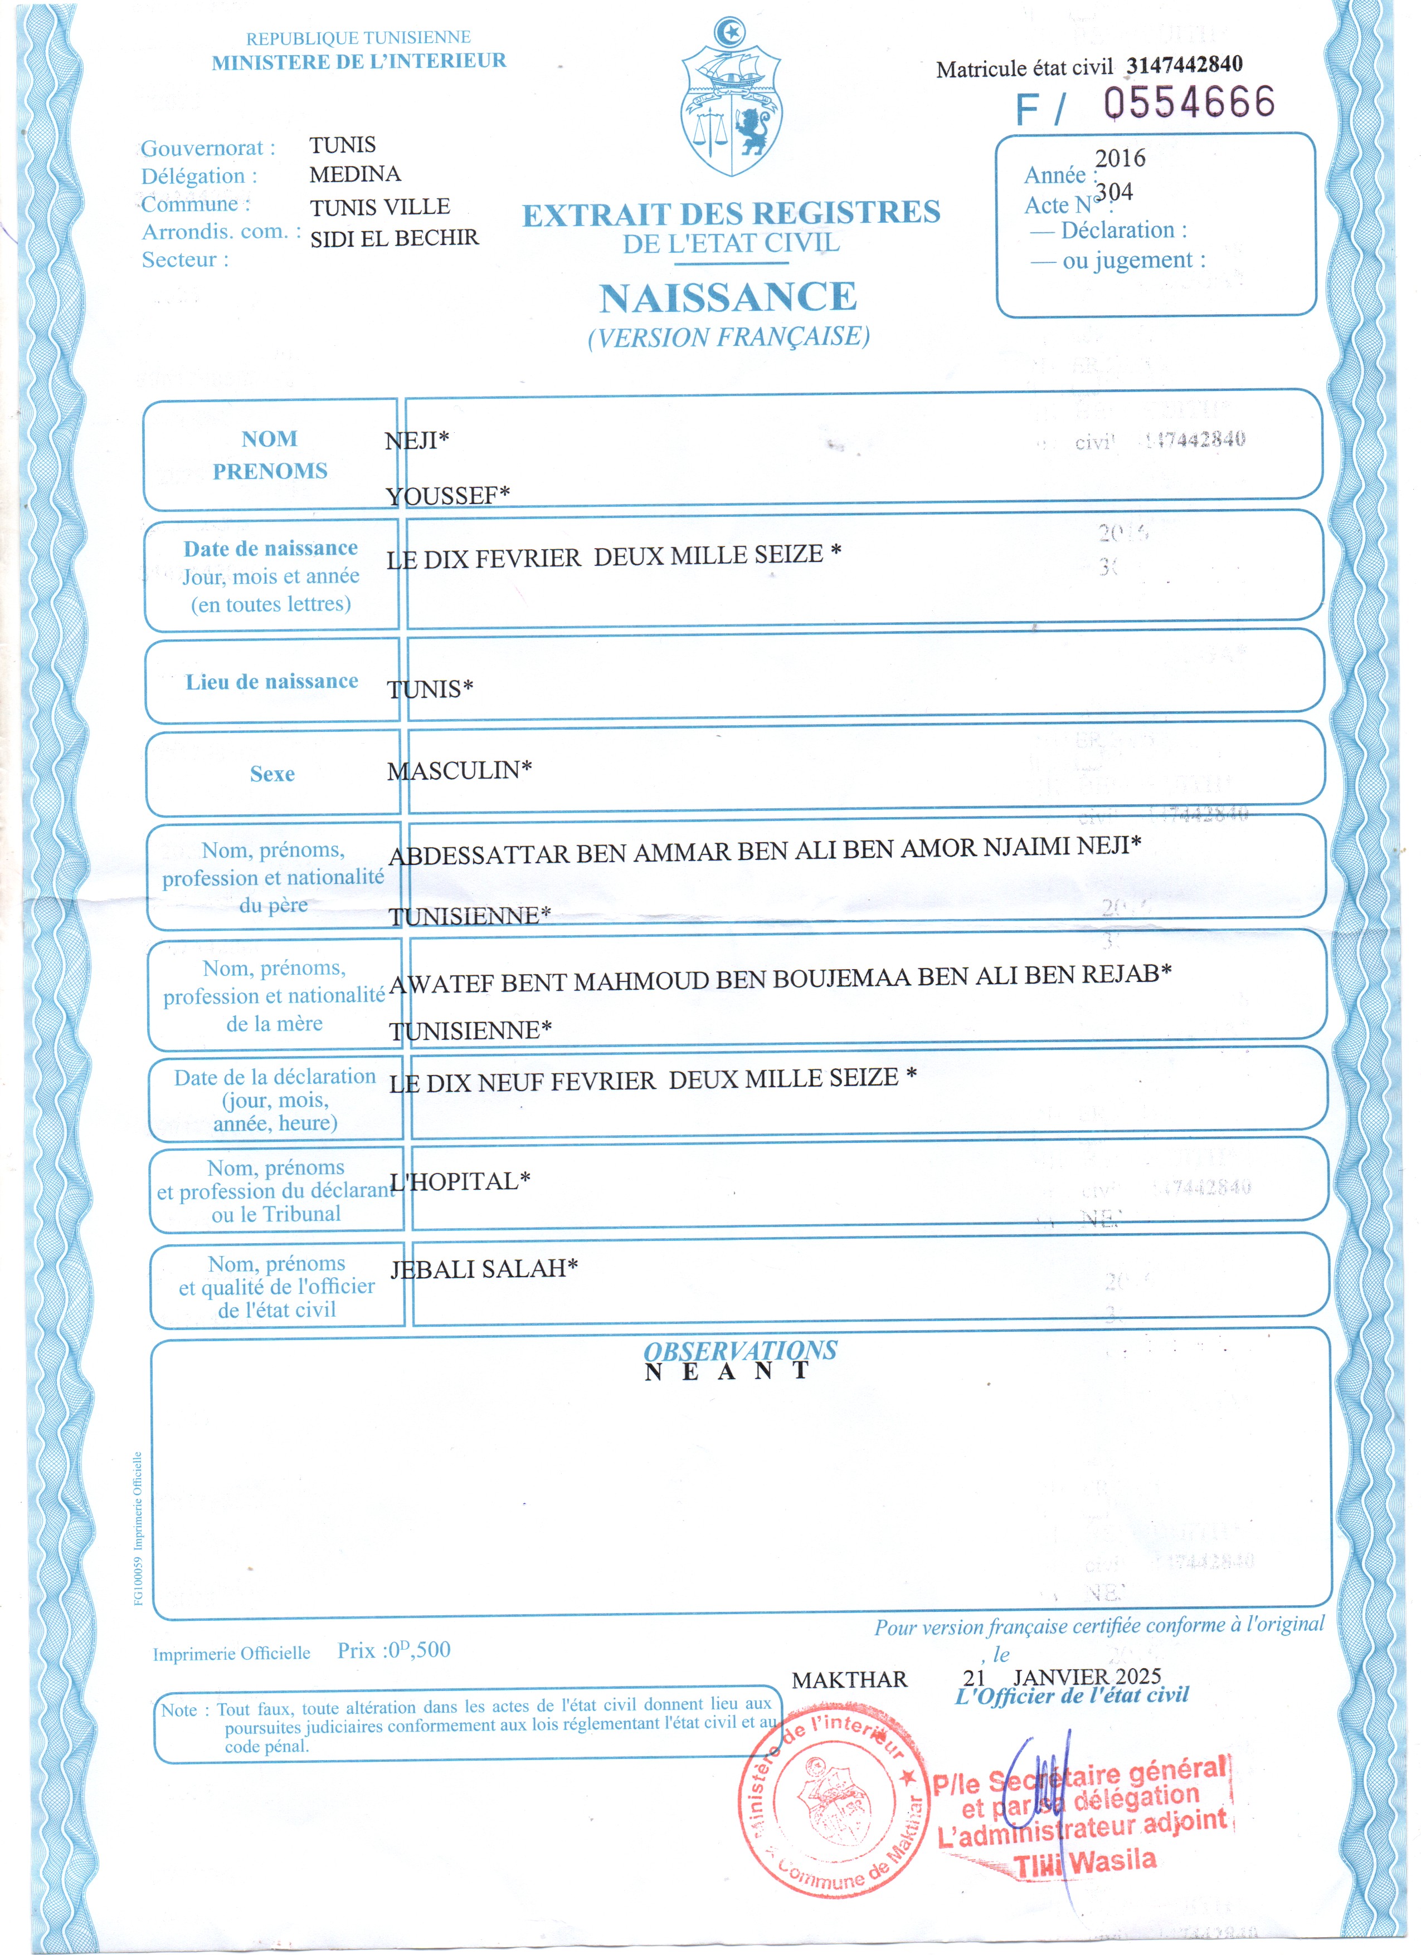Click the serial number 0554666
click(1189, 102)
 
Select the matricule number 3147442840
click(1184, 65)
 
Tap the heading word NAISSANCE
click(728, 297)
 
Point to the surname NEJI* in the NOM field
click(416, 441)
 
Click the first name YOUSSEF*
click(447, 496)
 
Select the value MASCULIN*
click(459, 770)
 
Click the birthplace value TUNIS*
click(430, 689)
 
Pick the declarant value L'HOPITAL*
click(460, 1181)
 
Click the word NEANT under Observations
click(727, 1371)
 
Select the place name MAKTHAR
click(849, 1679)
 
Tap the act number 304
click(1114, 192)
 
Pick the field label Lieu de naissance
click(271, 682)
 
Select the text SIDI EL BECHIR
click(394, 238)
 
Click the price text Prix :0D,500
click(393, 1651)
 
